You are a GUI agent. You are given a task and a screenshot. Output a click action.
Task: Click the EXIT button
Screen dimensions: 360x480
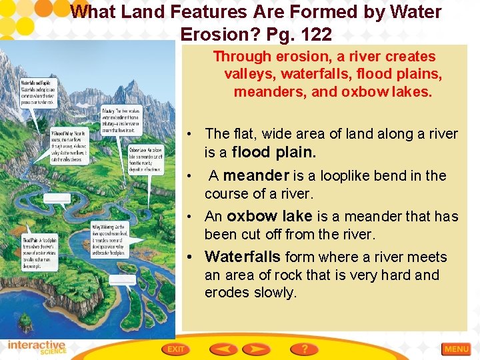[176, 349]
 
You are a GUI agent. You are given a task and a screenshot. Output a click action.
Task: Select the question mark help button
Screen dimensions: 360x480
[304, 349]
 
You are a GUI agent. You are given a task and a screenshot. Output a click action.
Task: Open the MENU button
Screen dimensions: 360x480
[457, 349]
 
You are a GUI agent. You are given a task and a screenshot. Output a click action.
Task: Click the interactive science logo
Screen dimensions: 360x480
[37, 348]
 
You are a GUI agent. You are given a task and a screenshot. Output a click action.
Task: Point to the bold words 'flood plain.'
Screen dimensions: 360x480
[273, 152]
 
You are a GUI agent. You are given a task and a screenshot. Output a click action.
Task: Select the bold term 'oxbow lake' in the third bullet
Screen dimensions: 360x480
[269, 217]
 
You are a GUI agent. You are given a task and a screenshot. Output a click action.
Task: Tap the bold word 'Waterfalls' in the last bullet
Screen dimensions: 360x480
[243, 257]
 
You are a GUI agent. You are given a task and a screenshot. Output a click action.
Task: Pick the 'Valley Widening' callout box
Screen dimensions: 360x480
[111, 238]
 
